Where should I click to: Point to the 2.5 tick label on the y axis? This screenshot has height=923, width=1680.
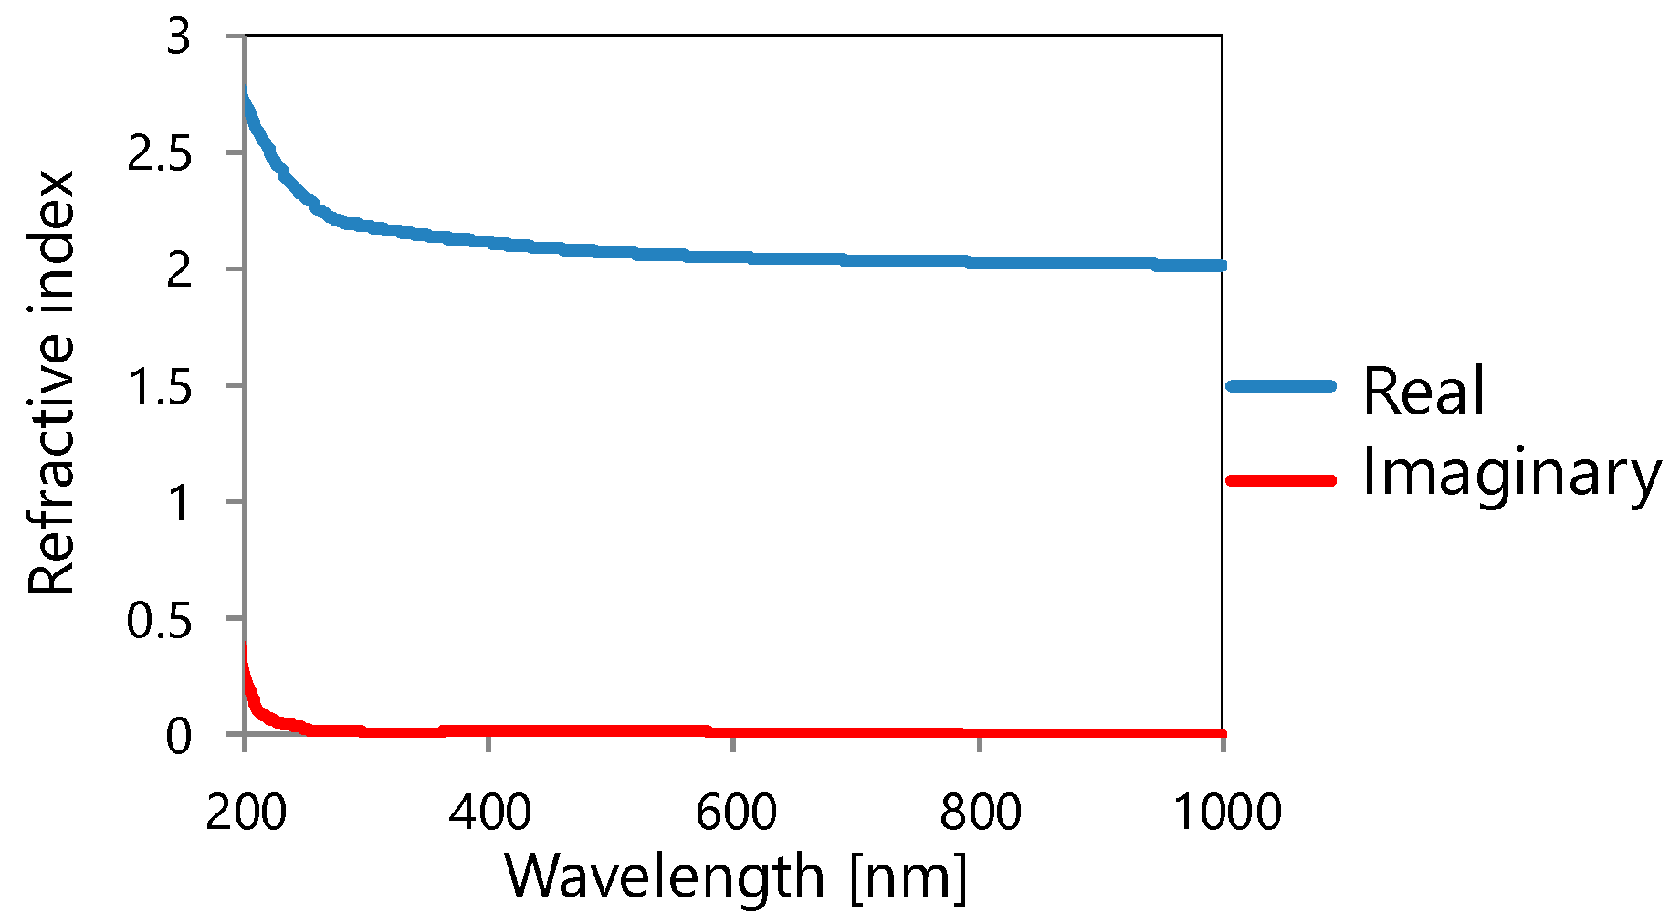click(x=160, y=154)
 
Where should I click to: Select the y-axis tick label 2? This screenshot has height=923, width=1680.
click(x=179, y=270)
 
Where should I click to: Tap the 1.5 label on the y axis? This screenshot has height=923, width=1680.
click(x=160, y=387)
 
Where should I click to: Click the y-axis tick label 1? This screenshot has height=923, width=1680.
click(x=179, y=503)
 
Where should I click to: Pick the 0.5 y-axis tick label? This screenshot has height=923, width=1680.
click(x=160, y=620)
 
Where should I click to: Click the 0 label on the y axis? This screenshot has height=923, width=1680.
click(x=179, y=736)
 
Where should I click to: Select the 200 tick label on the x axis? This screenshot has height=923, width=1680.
click(x=246, y=812)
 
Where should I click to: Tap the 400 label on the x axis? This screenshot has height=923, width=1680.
click(x=490, y=812)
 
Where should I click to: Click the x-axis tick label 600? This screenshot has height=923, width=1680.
click(x=735, y=812)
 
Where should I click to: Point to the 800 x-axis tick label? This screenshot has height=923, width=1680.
click(x=980, y=812)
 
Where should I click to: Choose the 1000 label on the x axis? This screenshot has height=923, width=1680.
click(x=1226, y=812)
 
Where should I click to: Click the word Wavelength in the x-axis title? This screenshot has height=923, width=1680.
click(x=665, y=876)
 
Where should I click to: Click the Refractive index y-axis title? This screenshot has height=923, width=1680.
click(x=51, y=383)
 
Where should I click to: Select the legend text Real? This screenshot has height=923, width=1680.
click(x=1423, y=391)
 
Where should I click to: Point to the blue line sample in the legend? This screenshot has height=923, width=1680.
click(x=1281, y=386)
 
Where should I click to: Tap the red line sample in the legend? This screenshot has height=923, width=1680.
click(x=1281, y=480)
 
